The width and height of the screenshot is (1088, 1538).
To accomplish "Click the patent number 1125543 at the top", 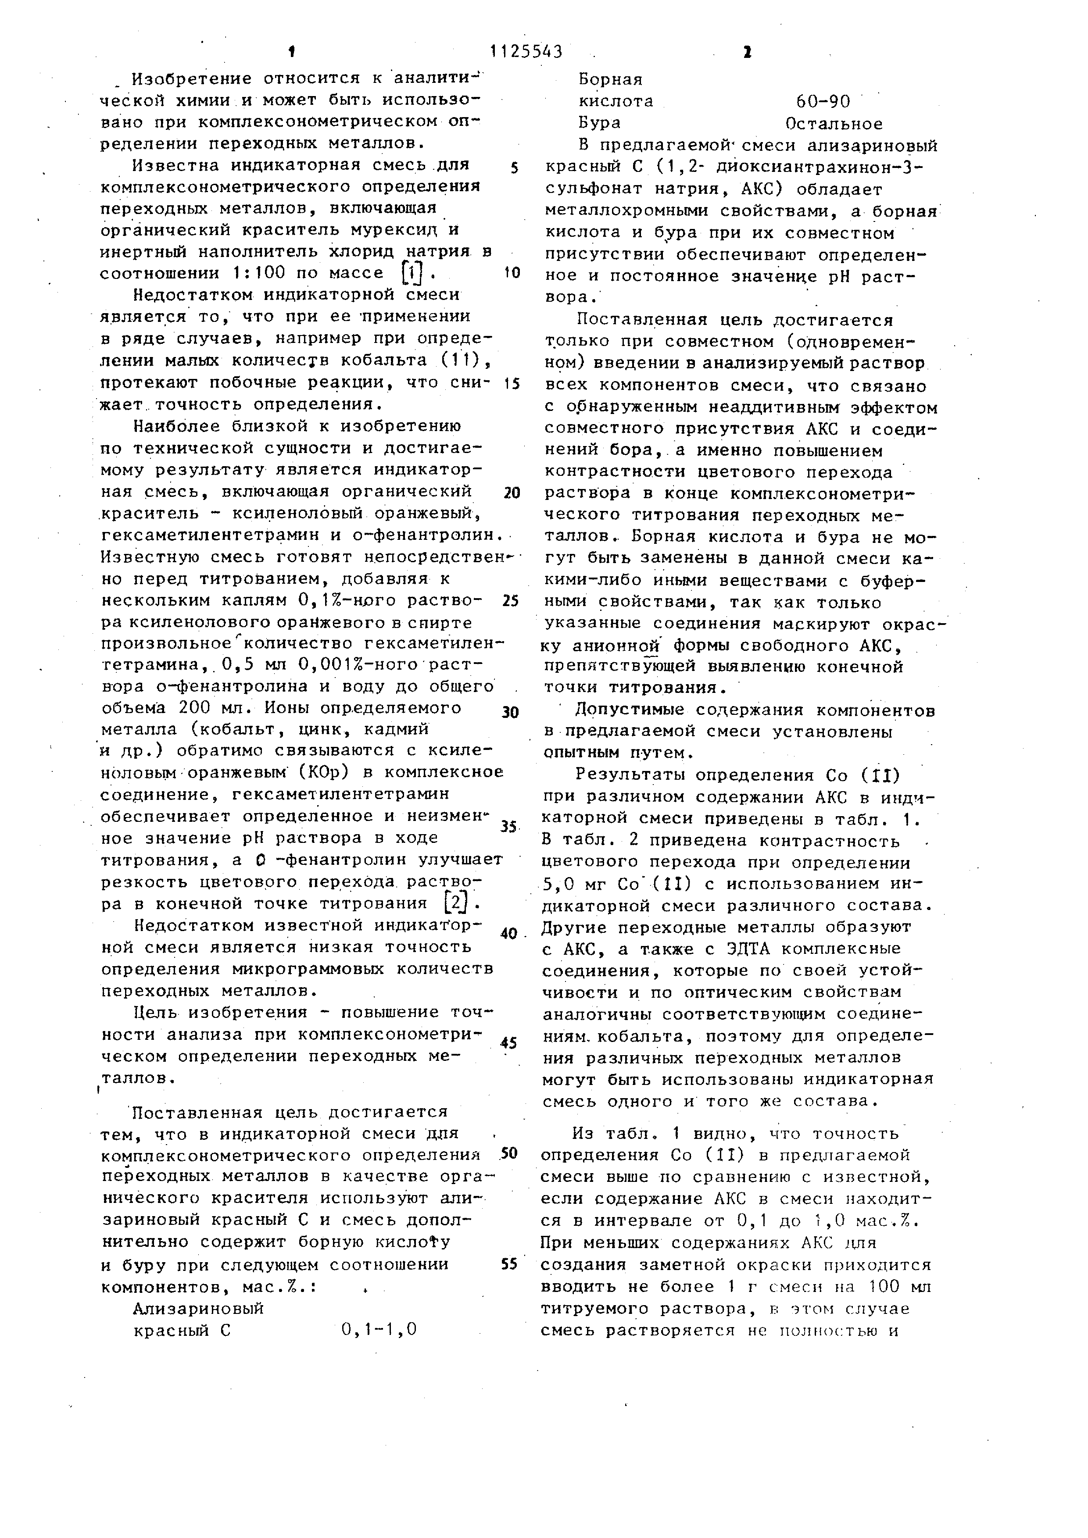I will point(526,52).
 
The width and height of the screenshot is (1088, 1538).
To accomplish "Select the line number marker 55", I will point(510,1263).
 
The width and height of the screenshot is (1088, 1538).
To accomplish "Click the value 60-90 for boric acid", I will point(823,102).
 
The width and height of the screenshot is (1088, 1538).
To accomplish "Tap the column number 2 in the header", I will point(747,52).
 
